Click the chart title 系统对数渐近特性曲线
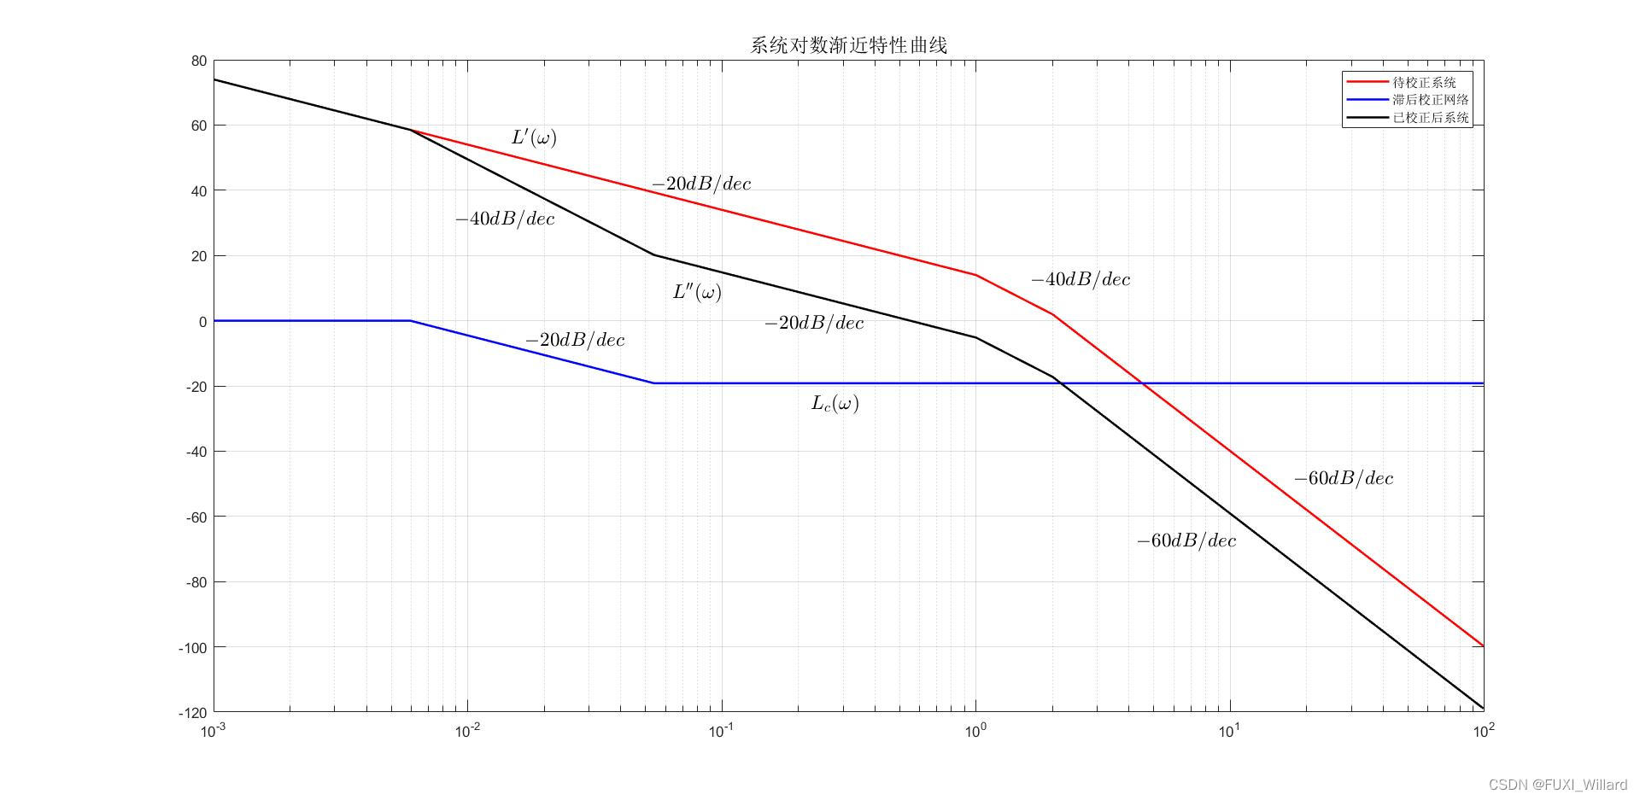click(x=848, y=45)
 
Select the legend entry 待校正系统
click(x=1424, y=83)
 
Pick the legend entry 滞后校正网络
click(x=1430, y=100)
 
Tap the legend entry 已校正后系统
click(x=1430, y=118)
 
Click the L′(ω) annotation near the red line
click(x=534, y=137)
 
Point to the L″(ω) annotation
click(x=697, y=292)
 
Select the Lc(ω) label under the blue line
click(x=835, y=403)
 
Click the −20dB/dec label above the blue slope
click(x=575, y=340)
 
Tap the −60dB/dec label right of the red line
click(x=1344, y=478)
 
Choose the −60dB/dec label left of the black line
click(x=1186, y=540)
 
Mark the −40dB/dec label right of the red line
click(x=1081, y=279)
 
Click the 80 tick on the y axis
click(x=199, y=61)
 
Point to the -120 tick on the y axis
click(x=192, y=712)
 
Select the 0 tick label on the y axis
click(x=202, y=322)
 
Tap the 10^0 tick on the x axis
click(x=975, y=731)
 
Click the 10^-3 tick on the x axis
click(x=214, y=731)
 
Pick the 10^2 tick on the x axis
click(x=1484, y=731)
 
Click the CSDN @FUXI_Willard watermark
click(x=1557, y=785)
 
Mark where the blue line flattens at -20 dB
click(x=654, y=383)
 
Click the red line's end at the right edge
click(x=1483, y=646)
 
